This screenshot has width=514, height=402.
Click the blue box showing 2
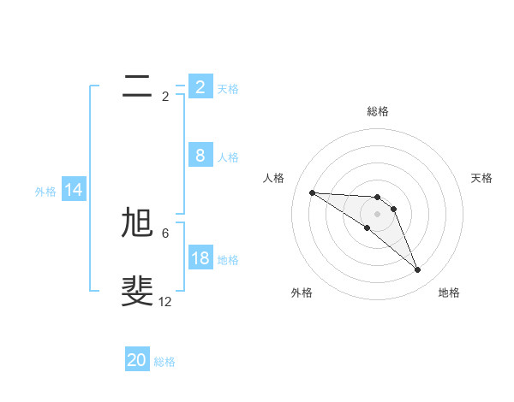pos(200,86)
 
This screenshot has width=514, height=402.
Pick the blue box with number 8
pos(200,156)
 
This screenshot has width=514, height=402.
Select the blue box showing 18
pos(200,258)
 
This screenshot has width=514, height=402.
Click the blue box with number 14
pos(74,191)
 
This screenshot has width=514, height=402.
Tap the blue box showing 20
pos(137,360)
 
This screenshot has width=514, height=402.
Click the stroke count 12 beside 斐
pos(165,302)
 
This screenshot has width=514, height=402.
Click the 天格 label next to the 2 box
pos(228,88)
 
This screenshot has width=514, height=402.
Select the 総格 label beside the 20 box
pos(164,362)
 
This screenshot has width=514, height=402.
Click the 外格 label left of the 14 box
pos(45,192)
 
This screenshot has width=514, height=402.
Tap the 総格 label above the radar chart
pos(378,111)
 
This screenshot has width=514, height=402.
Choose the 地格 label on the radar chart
pos(449,293)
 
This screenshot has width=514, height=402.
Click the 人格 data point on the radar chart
pos(312,192)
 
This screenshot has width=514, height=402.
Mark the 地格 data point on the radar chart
pos(417,270)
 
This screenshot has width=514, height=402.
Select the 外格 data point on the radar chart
pos(367,228)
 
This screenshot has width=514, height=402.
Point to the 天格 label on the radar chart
pos(482,178)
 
